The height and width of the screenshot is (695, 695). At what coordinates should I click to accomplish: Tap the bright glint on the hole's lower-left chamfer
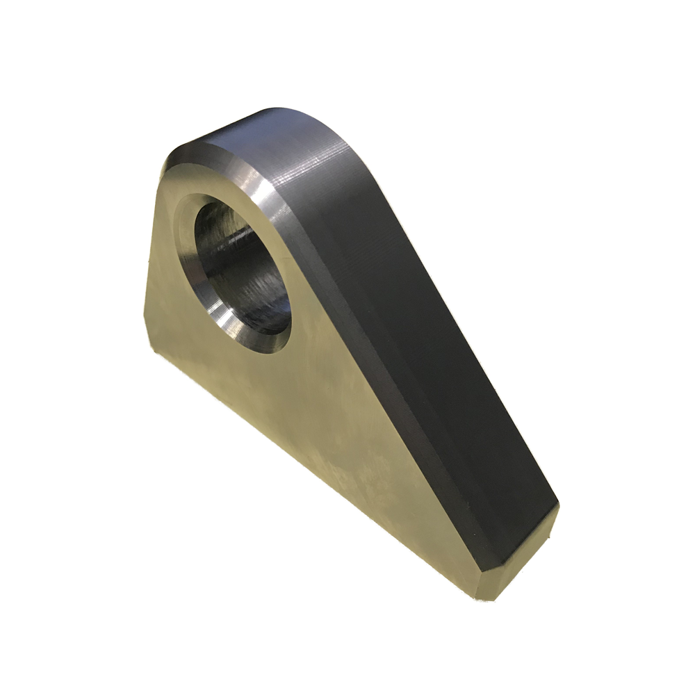(x=224, y=319)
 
